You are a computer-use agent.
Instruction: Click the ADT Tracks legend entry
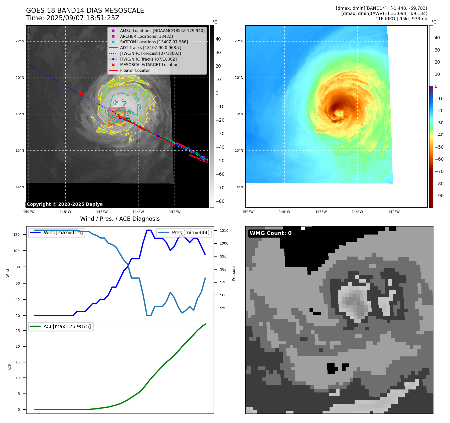151,48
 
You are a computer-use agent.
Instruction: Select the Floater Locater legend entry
135,70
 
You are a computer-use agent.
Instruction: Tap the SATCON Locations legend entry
154,42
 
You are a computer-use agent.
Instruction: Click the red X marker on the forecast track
81,94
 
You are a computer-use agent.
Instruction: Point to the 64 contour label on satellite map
115,103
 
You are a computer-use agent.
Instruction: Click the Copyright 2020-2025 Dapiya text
65,204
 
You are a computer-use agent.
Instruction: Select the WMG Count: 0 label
270,233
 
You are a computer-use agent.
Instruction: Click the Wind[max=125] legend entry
63,233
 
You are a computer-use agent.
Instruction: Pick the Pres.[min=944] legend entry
190,233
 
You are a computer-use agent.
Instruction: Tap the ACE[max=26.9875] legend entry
67,326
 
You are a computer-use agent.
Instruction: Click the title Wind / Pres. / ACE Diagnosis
120,219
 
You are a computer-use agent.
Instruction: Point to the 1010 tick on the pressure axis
224,231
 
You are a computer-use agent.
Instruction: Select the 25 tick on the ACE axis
18,331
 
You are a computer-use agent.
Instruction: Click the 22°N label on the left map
20,41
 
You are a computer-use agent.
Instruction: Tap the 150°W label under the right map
248,212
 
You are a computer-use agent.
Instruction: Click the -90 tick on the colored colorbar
439,196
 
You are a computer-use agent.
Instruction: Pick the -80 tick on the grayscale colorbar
220,201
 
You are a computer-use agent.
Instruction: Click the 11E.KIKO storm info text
401,19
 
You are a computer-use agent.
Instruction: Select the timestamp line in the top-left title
73,18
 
